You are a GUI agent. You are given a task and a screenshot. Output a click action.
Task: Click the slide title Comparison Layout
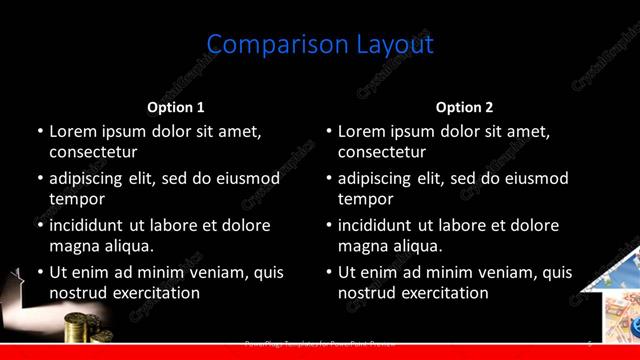click(320, 45)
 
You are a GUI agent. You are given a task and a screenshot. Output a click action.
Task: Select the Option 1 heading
click(176, 107)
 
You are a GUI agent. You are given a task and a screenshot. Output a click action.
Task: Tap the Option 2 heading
click(464, 107)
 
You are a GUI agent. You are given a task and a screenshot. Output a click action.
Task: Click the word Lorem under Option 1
click(72, 131)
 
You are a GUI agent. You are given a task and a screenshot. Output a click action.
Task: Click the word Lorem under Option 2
click(361, 131)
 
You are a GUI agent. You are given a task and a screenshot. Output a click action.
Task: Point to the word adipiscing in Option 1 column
click(93, 179)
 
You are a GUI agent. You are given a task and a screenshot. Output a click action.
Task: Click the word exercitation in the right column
click(443, 293)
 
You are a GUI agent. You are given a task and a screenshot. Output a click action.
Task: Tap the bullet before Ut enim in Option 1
click(40, 272)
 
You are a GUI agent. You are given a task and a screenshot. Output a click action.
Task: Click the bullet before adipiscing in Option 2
click(329, 179)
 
